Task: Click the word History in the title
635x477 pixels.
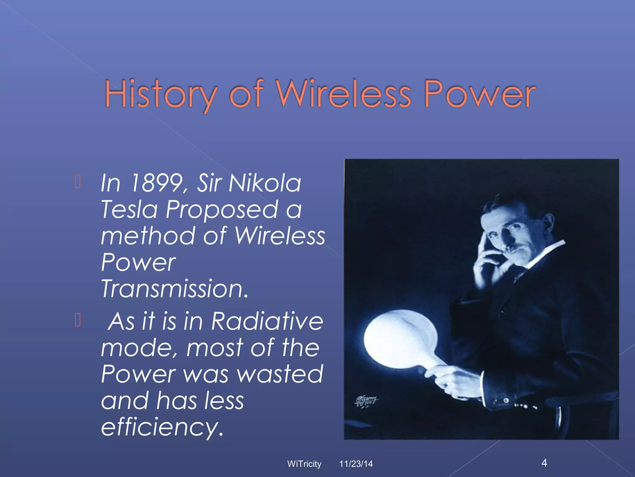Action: point(161,94)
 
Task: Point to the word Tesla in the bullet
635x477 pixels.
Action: point(129,209)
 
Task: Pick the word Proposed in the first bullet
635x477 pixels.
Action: point(222,210)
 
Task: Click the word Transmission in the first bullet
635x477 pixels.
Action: point(175,289)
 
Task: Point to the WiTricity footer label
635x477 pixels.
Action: point(304,464)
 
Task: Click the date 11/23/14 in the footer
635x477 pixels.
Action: point(356,464)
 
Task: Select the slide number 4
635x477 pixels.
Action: point(544,463)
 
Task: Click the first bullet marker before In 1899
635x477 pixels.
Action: point(78,182)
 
